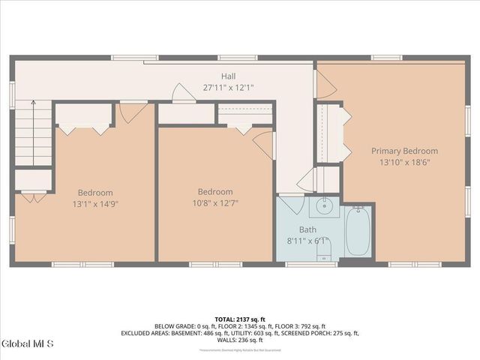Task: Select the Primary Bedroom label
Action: [405, 151]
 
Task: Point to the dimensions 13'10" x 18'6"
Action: [405, 162]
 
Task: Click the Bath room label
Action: [308, 229]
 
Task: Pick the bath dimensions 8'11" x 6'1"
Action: [308, 241]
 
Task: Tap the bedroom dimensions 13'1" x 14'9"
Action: [95, 203]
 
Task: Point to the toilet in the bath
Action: [325, 257]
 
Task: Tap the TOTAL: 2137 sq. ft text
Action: [240, 319]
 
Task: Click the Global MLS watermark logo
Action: [28, 344]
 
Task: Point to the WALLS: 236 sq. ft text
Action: [240, 340]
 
